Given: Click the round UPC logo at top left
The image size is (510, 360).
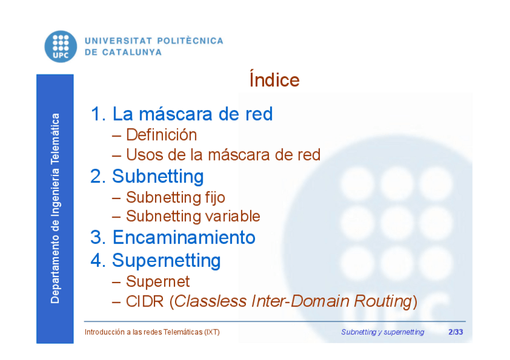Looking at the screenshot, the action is (61, 46).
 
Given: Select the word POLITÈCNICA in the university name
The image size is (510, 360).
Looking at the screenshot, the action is (190, 41).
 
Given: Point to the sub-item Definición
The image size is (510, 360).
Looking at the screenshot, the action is (161, 135).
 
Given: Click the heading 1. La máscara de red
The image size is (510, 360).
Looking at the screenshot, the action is (182, 114).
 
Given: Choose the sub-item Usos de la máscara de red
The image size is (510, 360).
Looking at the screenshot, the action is (223, 154).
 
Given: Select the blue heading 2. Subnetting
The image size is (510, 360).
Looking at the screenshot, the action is (147, 177).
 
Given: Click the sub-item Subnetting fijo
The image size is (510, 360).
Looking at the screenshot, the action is (176, 198).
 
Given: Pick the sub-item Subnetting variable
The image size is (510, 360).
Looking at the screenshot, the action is (193, 216).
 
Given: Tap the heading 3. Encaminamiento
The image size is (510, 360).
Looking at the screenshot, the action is (173, 237).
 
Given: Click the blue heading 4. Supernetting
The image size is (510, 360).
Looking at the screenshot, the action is (156, 261).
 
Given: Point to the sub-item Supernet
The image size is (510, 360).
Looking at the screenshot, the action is (158, 281).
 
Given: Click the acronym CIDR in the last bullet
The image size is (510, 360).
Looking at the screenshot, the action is (145, 301).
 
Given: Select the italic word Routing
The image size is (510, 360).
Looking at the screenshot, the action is (383, 302).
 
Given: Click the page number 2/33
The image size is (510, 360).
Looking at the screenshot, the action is (456, 332).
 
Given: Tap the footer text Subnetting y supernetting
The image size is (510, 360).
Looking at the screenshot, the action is (382, 332).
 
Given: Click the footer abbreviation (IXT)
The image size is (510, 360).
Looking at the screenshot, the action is (212, 332).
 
